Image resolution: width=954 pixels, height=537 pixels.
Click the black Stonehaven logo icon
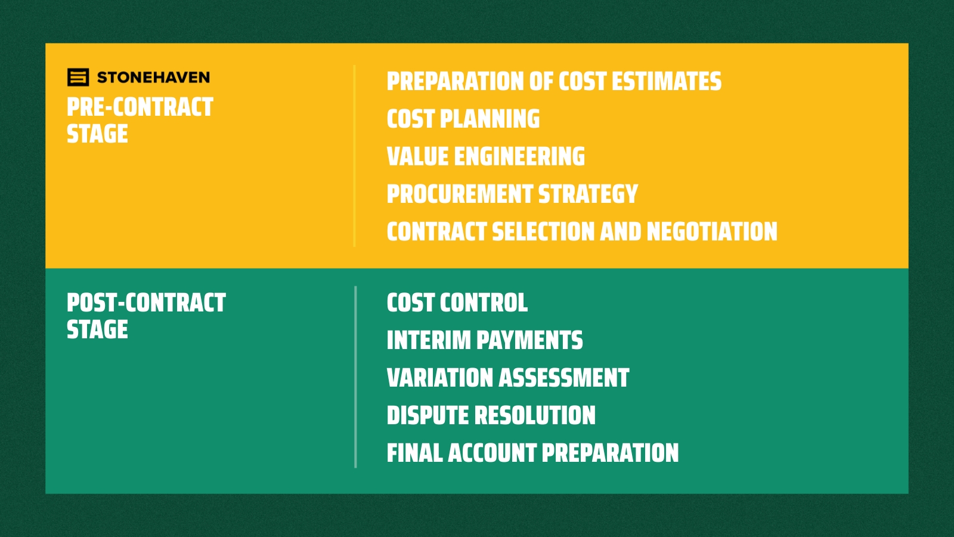tap(78, 78)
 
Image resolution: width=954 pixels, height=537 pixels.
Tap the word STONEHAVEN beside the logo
tap(153, 78)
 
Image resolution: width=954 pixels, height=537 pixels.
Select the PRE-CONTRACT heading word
tap(140, 107)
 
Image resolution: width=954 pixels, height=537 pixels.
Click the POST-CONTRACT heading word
tap(146, 303)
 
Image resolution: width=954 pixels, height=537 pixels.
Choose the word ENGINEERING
tap(519, 157)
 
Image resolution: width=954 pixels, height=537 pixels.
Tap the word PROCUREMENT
tap(460, 195)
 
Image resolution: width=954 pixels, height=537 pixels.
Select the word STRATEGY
tap(588, 195)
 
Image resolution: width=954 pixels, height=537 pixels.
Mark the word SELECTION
tap(543, 232)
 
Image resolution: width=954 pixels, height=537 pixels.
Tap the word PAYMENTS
tap(529, 341)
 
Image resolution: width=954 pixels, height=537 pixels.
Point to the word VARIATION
tap(439, 378)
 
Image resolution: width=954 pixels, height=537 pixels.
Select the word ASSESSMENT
tap(564, 378)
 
